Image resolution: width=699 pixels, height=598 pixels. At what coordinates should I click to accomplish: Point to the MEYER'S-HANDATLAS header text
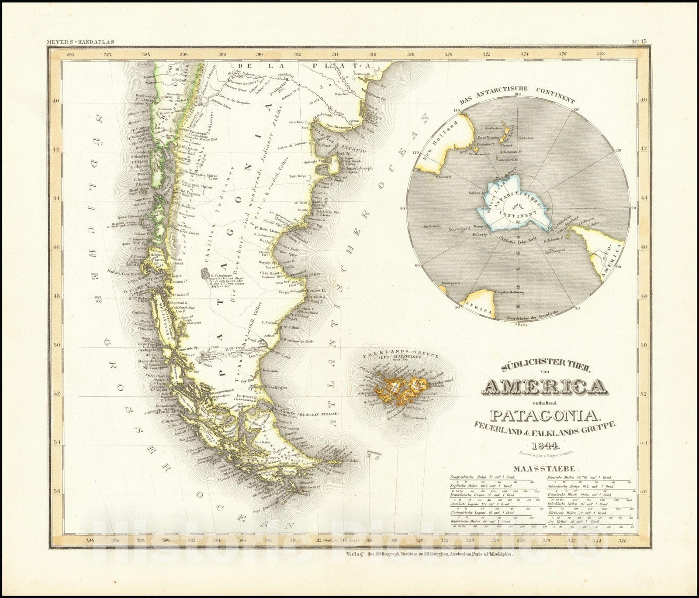(x=80, y=42)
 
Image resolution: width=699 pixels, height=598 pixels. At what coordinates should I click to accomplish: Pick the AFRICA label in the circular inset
(x=479, y=307)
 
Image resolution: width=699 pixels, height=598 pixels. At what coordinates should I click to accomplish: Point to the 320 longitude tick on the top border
(x=448, y=55)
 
